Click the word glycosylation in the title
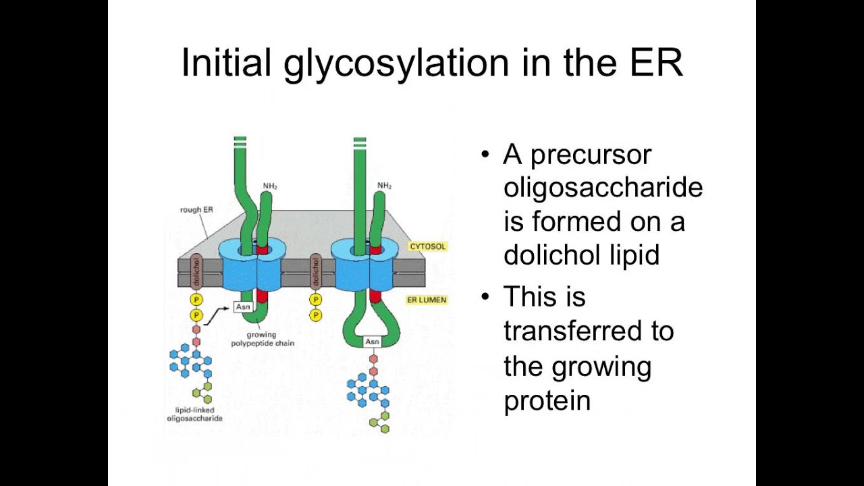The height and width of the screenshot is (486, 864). [x=396, y=63]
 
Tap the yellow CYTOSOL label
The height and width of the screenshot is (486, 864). [x=427, y=246]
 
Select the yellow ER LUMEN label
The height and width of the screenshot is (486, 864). [x=427, y=300]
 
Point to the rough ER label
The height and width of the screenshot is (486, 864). [x=196, y=210]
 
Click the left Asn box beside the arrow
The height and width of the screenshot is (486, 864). [x=242, y=307]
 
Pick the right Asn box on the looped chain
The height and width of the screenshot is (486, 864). [x=372, y=342]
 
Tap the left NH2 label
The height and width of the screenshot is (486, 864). [x=270, y=186]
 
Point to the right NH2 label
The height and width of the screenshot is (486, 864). [x=385, y=186]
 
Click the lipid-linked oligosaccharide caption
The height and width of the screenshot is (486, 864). [x=194, y=414]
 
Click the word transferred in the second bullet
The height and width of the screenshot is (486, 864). [x=589, y=331]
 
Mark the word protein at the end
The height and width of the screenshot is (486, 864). [x=547, y=400]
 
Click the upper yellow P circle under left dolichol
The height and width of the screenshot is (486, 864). [x=196, y=300]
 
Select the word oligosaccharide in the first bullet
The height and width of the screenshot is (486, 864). [x=603, y=187]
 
